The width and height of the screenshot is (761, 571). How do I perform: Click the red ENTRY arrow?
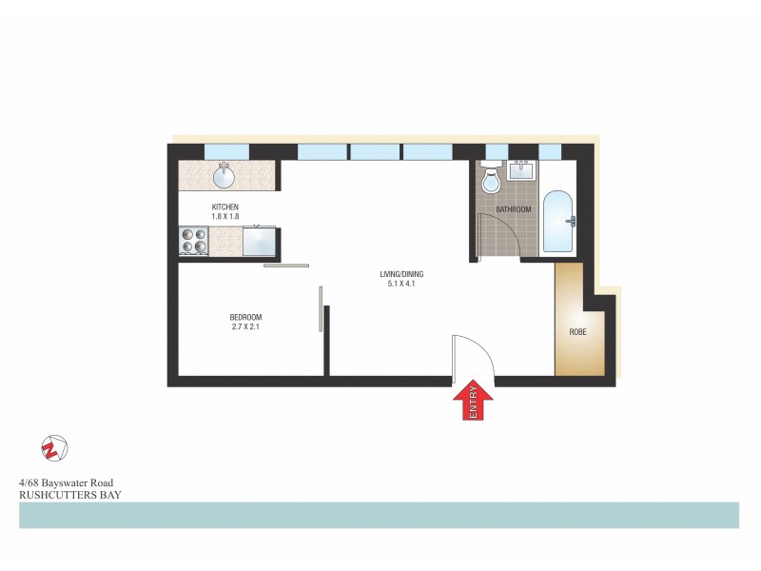coord(473,401)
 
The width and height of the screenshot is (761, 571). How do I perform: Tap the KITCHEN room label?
coord(224,207)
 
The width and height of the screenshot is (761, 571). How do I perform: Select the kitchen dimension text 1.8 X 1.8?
coord(224,217)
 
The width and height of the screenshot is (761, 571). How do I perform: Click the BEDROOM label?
coord(245,317)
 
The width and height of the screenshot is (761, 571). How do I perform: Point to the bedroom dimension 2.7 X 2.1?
coord(245,327)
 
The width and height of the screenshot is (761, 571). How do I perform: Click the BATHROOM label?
coord(514,209)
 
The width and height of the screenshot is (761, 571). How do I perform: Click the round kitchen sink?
coord(225,177)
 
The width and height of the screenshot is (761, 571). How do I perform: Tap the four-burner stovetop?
coord(195,240)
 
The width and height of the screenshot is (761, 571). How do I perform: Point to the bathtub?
coord(557,222)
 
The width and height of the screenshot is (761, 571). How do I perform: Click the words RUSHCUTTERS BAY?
coord(69,495)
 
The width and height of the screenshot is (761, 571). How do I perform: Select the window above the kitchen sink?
coord(226,150)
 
